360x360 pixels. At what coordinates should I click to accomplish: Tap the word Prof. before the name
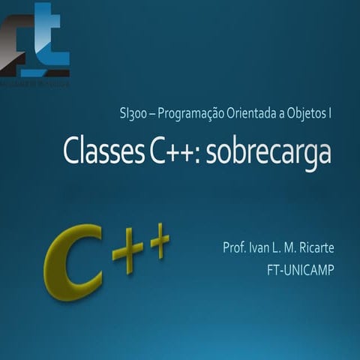[235, 247]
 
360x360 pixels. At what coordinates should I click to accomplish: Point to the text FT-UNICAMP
[300, 268]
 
